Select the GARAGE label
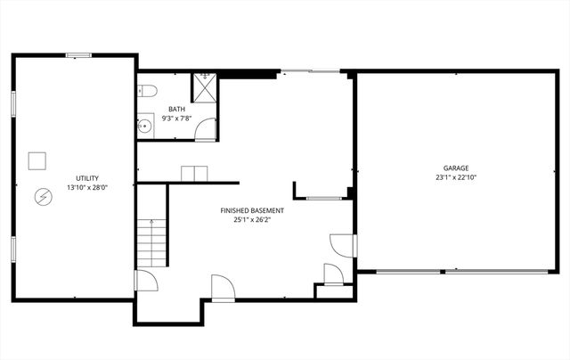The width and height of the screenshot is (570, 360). (456, 168)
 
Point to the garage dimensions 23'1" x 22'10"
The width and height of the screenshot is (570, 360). (456, 177)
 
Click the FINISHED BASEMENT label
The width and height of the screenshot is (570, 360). (246, 210)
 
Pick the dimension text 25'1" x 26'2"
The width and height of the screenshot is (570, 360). (246, 220)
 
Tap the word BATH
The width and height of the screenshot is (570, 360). (176, 110)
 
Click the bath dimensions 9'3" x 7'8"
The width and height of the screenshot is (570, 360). (176, 118)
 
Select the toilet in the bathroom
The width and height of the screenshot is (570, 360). (148, 90)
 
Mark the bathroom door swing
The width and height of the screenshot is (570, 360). (206, 131)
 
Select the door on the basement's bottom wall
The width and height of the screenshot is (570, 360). (222, 287)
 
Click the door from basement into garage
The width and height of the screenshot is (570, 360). (342, 246)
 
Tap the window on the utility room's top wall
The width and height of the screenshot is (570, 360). (78, 55)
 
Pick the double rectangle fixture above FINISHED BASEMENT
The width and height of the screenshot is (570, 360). (194, 173)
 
